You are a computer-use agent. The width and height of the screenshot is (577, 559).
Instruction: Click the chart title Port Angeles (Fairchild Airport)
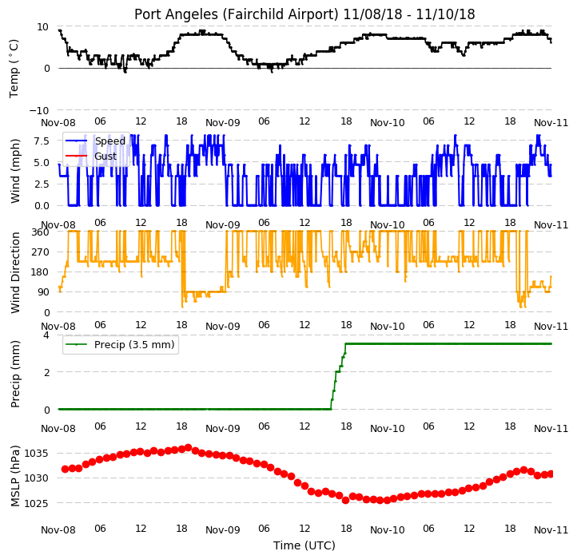[x=237, y=14]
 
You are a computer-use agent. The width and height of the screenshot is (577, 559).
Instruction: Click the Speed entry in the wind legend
[x=110, y=141]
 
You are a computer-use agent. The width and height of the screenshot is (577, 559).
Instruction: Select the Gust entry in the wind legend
[x=105, y=157]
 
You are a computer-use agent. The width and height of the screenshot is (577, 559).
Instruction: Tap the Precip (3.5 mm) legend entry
[x=134, y=345]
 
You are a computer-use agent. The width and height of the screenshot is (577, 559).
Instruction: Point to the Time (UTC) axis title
[x=304, y=545]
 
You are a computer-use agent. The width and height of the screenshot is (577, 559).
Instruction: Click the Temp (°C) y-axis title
[x=14, y=69]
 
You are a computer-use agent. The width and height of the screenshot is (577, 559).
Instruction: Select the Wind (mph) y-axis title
[x=15, y=171]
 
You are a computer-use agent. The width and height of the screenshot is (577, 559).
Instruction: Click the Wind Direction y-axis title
[x=15, y=272]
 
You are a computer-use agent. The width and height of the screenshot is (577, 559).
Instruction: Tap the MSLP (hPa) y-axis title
[x=15, y=476]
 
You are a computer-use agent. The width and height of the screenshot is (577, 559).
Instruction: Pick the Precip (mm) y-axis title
[x=15, y=374]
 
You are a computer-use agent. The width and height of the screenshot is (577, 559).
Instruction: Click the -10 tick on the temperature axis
[x=39, y=110]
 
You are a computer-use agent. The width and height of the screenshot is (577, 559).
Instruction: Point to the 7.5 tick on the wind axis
[x=42, y=141]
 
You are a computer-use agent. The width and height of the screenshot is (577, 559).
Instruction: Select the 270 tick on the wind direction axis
[x=41, y=252]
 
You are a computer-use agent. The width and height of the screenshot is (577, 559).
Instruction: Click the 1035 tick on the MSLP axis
[x=37, y=453]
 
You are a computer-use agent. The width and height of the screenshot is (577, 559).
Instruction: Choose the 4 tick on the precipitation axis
[x=46, y=335]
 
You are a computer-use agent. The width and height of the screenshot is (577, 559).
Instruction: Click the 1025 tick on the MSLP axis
[x=37, y=503]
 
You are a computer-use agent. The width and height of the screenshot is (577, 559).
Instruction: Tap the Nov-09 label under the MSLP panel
[x=223, y=530]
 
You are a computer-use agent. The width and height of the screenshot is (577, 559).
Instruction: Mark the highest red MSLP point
[x=188, y=447]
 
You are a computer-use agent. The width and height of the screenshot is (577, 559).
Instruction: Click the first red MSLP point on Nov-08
[x=66, y=469]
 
